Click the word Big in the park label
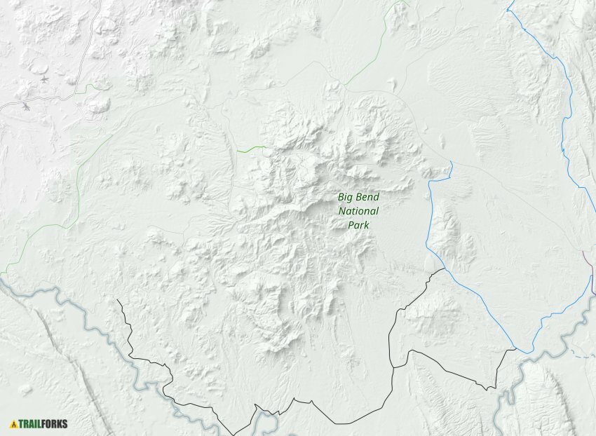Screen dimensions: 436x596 pyautogui.click(x=346, y=197)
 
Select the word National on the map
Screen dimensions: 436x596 pyautogui.click(x=358, y=211)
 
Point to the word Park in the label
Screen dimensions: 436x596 pyautogui.click(x=358, y=225)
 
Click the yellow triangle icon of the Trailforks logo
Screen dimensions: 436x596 pyautogui.click(x=13, y=423)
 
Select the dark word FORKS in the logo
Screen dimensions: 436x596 pyautogui.click(x=54, y=423)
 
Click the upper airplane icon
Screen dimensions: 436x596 pyautogui.click(x=44, y=79)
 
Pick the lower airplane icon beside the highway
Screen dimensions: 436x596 pyautogui.click(x=25, y=107)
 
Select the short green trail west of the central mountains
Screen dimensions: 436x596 pyautogui.click(x=251, y=149)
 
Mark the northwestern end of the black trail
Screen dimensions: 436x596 pyautogui.click(x=117, y=301)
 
